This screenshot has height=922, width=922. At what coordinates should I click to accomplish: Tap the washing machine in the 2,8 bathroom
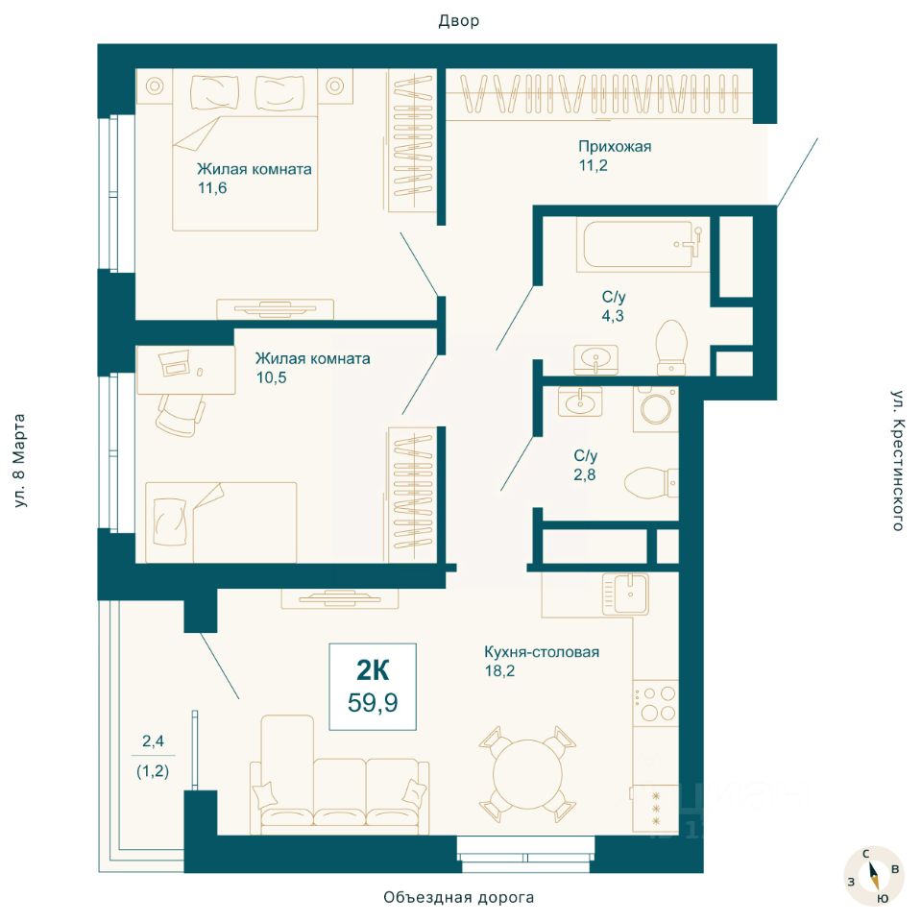coord(656,409)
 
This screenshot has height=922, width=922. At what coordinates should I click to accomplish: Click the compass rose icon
coord(873,877)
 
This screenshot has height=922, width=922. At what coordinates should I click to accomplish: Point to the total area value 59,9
coord(373,702)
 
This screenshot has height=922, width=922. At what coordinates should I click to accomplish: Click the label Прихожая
coord(615,146)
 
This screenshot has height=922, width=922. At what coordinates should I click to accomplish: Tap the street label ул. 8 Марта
coord(19,460)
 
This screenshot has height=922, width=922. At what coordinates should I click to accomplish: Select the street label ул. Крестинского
coord(897,460)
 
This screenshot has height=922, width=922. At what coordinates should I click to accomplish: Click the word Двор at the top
coord(459,21)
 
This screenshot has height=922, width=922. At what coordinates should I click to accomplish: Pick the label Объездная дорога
coord(459,897)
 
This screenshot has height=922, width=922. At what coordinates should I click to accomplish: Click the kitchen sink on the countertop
coord(625,594)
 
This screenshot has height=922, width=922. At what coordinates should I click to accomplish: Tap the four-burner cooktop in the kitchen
coord(655,703)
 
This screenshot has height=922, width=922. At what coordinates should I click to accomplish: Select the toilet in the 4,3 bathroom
coord(671,347)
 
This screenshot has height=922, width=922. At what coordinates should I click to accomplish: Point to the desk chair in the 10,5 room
coord(181,415)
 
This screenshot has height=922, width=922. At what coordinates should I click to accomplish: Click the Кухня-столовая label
coord(542,651)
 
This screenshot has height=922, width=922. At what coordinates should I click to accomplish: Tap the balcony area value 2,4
coord(153,740)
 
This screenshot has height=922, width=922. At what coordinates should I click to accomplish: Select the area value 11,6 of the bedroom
coord(212,188)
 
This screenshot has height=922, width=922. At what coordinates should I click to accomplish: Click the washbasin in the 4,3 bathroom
coord(596,359)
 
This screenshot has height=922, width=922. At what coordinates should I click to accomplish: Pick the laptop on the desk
coord(175,363)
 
